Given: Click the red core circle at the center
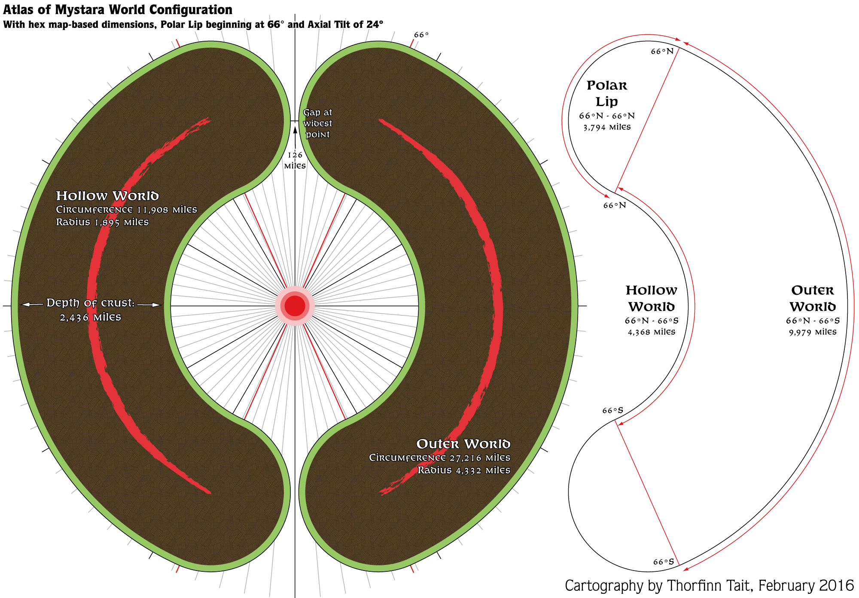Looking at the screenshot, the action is (x=295, y=306).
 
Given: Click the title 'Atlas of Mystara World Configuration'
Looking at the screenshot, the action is (x=118, y=10).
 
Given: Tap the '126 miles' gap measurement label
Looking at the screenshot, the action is (x=295, y=160).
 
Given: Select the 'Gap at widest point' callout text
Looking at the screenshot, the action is (x=317, y=123).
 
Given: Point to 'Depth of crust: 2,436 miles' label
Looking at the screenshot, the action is (x=91, y=310).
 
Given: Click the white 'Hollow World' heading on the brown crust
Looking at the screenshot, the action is (x=107, y=196).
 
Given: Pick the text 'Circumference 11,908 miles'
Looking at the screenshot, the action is (x=126, y=210).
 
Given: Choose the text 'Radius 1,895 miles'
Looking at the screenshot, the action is (x=102, y=222).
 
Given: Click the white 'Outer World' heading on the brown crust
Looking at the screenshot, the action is (x=463, y=444).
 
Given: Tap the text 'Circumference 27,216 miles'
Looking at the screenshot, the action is (x=440, y=458).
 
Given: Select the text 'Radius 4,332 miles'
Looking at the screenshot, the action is (x=464, y=470).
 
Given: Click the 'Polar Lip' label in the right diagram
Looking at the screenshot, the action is (x=607, y=93).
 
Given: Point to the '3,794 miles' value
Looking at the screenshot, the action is (x=607, y=127).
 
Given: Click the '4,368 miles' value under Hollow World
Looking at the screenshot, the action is (x=652, y=332).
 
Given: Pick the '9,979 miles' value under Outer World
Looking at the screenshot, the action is (x=813, y=332).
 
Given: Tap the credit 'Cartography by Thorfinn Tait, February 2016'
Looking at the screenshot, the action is (x=709, y=586).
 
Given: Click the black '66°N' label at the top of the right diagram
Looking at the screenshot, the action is (x=662, y=52).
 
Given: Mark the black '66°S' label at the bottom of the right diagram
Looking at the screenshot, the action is (x=664, y=562).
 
